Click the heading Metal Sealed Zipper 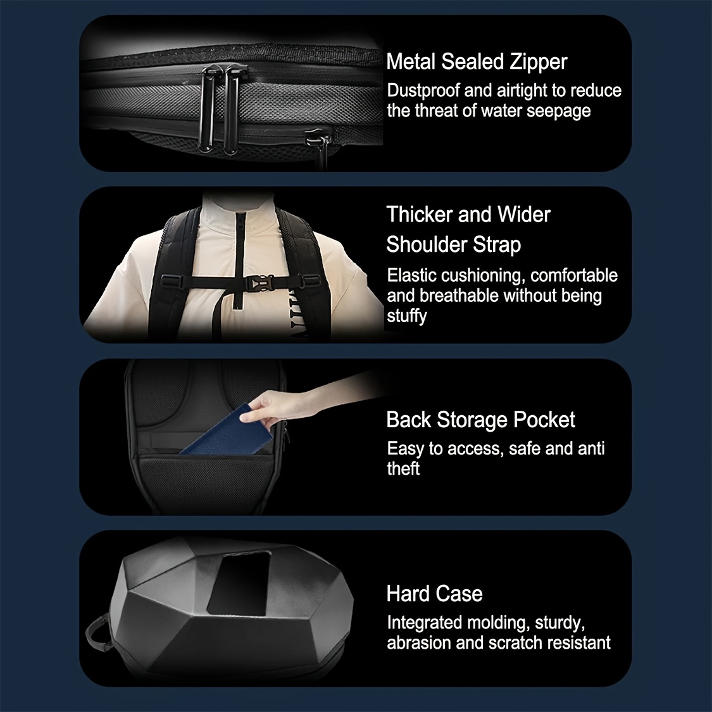477,62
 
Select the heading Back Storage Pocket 480,420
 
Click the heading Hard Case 434,594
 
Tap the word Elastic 412,275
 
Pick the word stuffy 406,316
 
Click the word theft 403,468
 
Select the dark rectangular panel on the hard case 239,584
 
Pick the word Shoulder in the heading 426,245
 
